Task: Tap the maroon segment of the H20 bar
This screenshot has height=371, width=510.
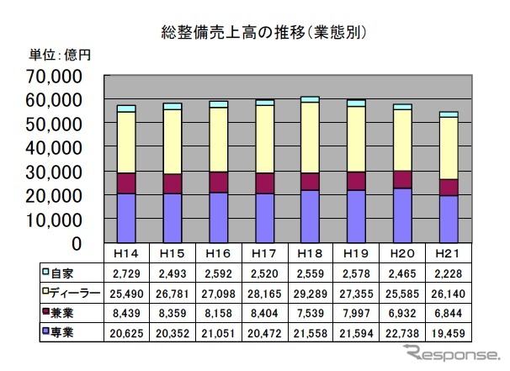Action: pyautogui.click(x=401, y=179)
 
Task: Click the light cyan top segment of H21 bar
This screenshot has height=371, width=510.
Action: pyautogui.click(x=448, y=114)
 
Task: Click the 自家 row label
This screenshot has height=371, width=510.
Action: pyautogui.click(x=63, y=273)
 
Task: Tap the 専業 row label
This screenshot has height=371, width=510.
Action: pyautogui.click(x=63, y=333)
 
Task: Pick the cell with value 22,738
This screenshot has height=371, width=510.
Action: pyautogui.click(x=401, y=333)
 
